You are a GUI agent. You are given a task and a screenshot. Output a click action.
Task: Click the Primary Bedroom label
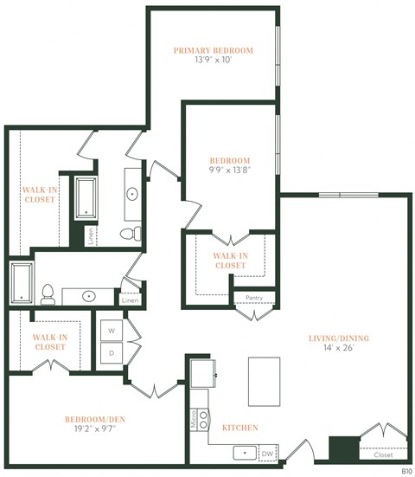(213, 50)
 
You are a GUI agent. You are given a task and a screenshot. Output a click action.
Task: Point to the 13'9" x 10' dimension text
(213, 61)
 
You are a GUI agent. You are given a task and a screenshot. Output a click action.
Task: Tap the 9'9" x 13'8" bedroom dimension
(230, 171)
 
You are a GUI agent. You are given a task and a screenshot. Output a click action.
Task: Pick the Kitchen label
(239, 428)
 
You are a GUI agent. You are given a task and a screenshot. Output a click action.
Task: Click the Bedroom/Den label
(95, 420)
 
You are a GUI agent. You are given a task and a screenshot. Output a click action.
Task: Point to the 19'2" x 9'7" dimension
(95, 431)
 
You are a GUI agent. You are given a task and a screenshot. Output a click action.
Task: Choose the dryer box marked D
(111, 354)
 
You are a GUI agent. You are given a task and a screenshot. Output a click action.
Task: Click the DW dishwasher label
(267, 452)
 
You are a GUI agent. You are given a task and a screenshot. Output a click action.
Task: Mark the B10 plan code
(405, 471)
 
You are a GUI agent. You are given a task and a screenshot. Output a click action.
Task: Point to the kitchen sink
(244, 452)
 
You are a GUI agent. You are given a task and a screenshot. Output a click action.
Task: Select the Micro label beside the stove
(193, 420)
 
